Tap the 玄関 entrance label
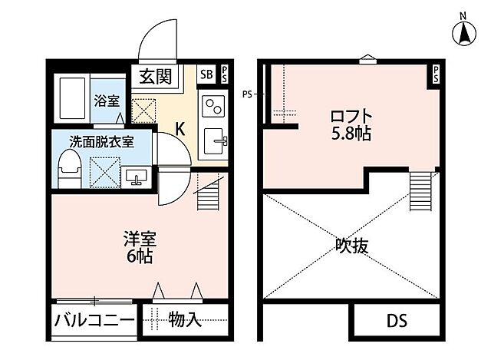157,75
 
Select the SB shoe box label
206,74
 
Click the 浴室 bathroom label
106,100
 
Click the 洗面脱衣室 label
101,141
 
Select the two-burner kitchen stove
213,104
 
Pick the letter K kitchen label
180,128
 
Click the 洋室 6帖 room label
140,246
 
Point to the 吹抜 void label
351,246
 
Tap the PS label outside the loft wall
247,94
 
